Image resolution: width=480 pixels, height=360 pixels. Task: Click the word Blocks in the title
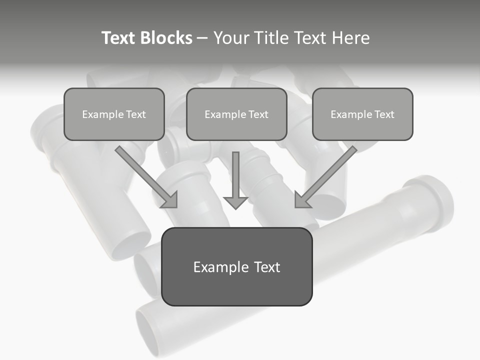point(167,38)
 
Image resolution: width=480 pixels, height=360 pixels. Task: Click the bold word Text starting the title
point(120,38)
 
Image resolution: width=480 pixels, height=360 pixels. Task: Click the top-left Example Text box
point(114,114)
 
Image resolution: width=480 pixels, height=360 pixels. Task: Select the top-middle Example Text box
point(236,114)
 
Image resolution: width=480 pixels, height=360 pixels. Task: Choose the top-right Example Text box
point(362,114)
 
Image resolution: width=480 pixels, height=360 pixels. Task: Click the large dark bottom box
point(236,266)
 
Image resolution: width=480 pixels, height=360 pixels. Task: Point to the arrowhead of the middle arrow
point(235,202)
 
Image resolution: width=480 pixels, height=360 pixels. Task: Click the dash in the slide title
point(202,38)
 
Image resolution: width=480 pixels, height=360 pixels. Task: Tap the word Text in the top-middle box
point(258,114)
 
